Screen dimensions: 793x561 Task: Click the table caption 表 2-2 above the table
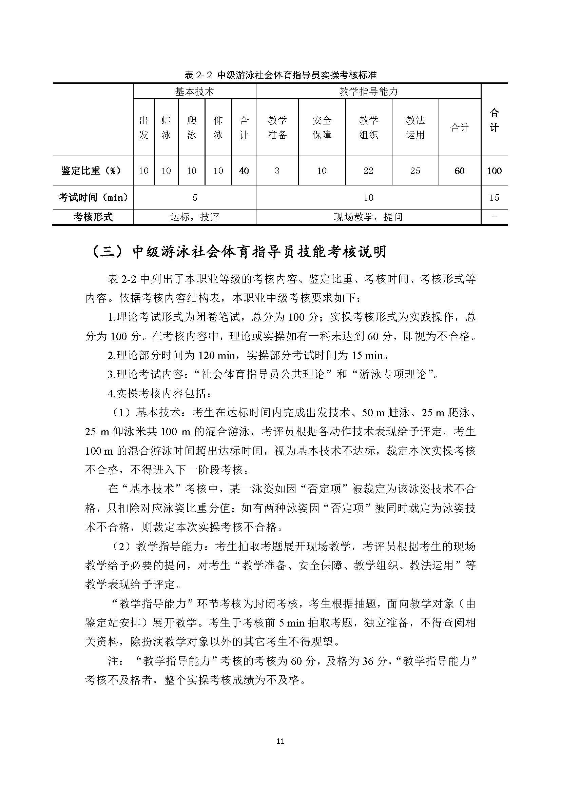click(x=280, y=75)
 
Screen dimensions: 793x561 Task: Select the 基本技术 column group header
click(x=194, y=92)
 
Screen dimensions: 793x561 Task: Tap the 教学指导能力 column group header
click(x=368, y=92)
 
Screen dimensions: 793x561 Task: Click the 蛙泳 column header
click(x=166, y=127)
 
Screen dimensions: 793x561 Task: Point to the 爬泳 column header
click(x=191, y=127)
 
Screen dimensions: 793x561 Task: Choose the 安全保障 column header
click(x=322, y=127)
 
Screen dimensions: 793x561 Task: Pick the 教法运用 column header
click(x=415, y=127)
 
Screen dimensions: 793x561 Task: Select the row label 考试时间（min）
click(x=93, y=198)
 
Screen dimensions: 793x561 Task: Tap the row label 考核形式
click(x=93, y=217)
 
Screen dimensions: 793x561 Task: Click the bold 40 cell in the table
click(x=244, y=171)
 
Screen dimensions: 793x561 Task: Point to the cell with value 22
click(x=368, y=171)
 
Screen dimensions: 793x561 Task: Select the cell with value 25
click(x=415, y=171)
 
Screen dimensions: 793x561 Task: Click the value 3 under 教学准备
click(x=277, y=171)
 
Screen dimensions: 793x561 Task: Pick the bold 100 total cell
click(x=494, y=171)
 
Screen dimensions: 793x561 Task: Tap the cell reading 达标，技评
click(x=195, y=217)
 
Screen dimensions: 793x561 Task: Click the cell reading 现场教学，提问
click(x=368, y=217)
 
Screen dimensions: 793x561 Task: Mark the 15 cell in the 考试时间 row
click(x=494, y=198)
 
